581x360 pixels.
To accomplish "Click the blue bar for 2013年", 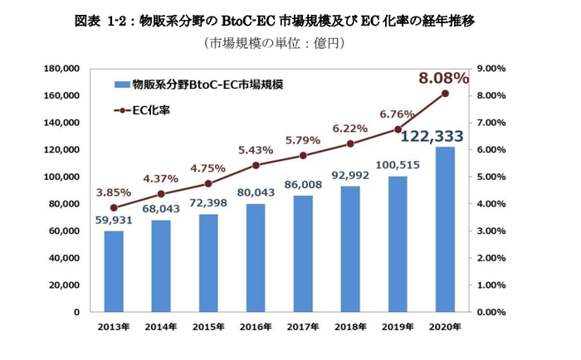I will point(114,271).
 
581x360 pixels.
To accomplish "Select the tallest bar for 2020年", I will point(445,229).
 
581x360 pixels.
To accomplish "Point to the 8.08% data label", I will point(444,78).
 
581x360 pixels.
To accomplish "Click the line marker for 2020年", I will point(445,94).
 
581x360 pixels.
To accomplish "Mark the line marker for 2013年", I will point(114,208).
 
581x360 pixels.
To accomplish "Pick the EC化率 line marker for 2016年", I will point(256,165).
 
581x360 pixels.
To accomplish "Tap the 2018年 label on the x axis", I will point(350,326).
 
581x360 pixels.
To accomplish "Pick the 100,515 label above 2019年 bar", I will point(398,165).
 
